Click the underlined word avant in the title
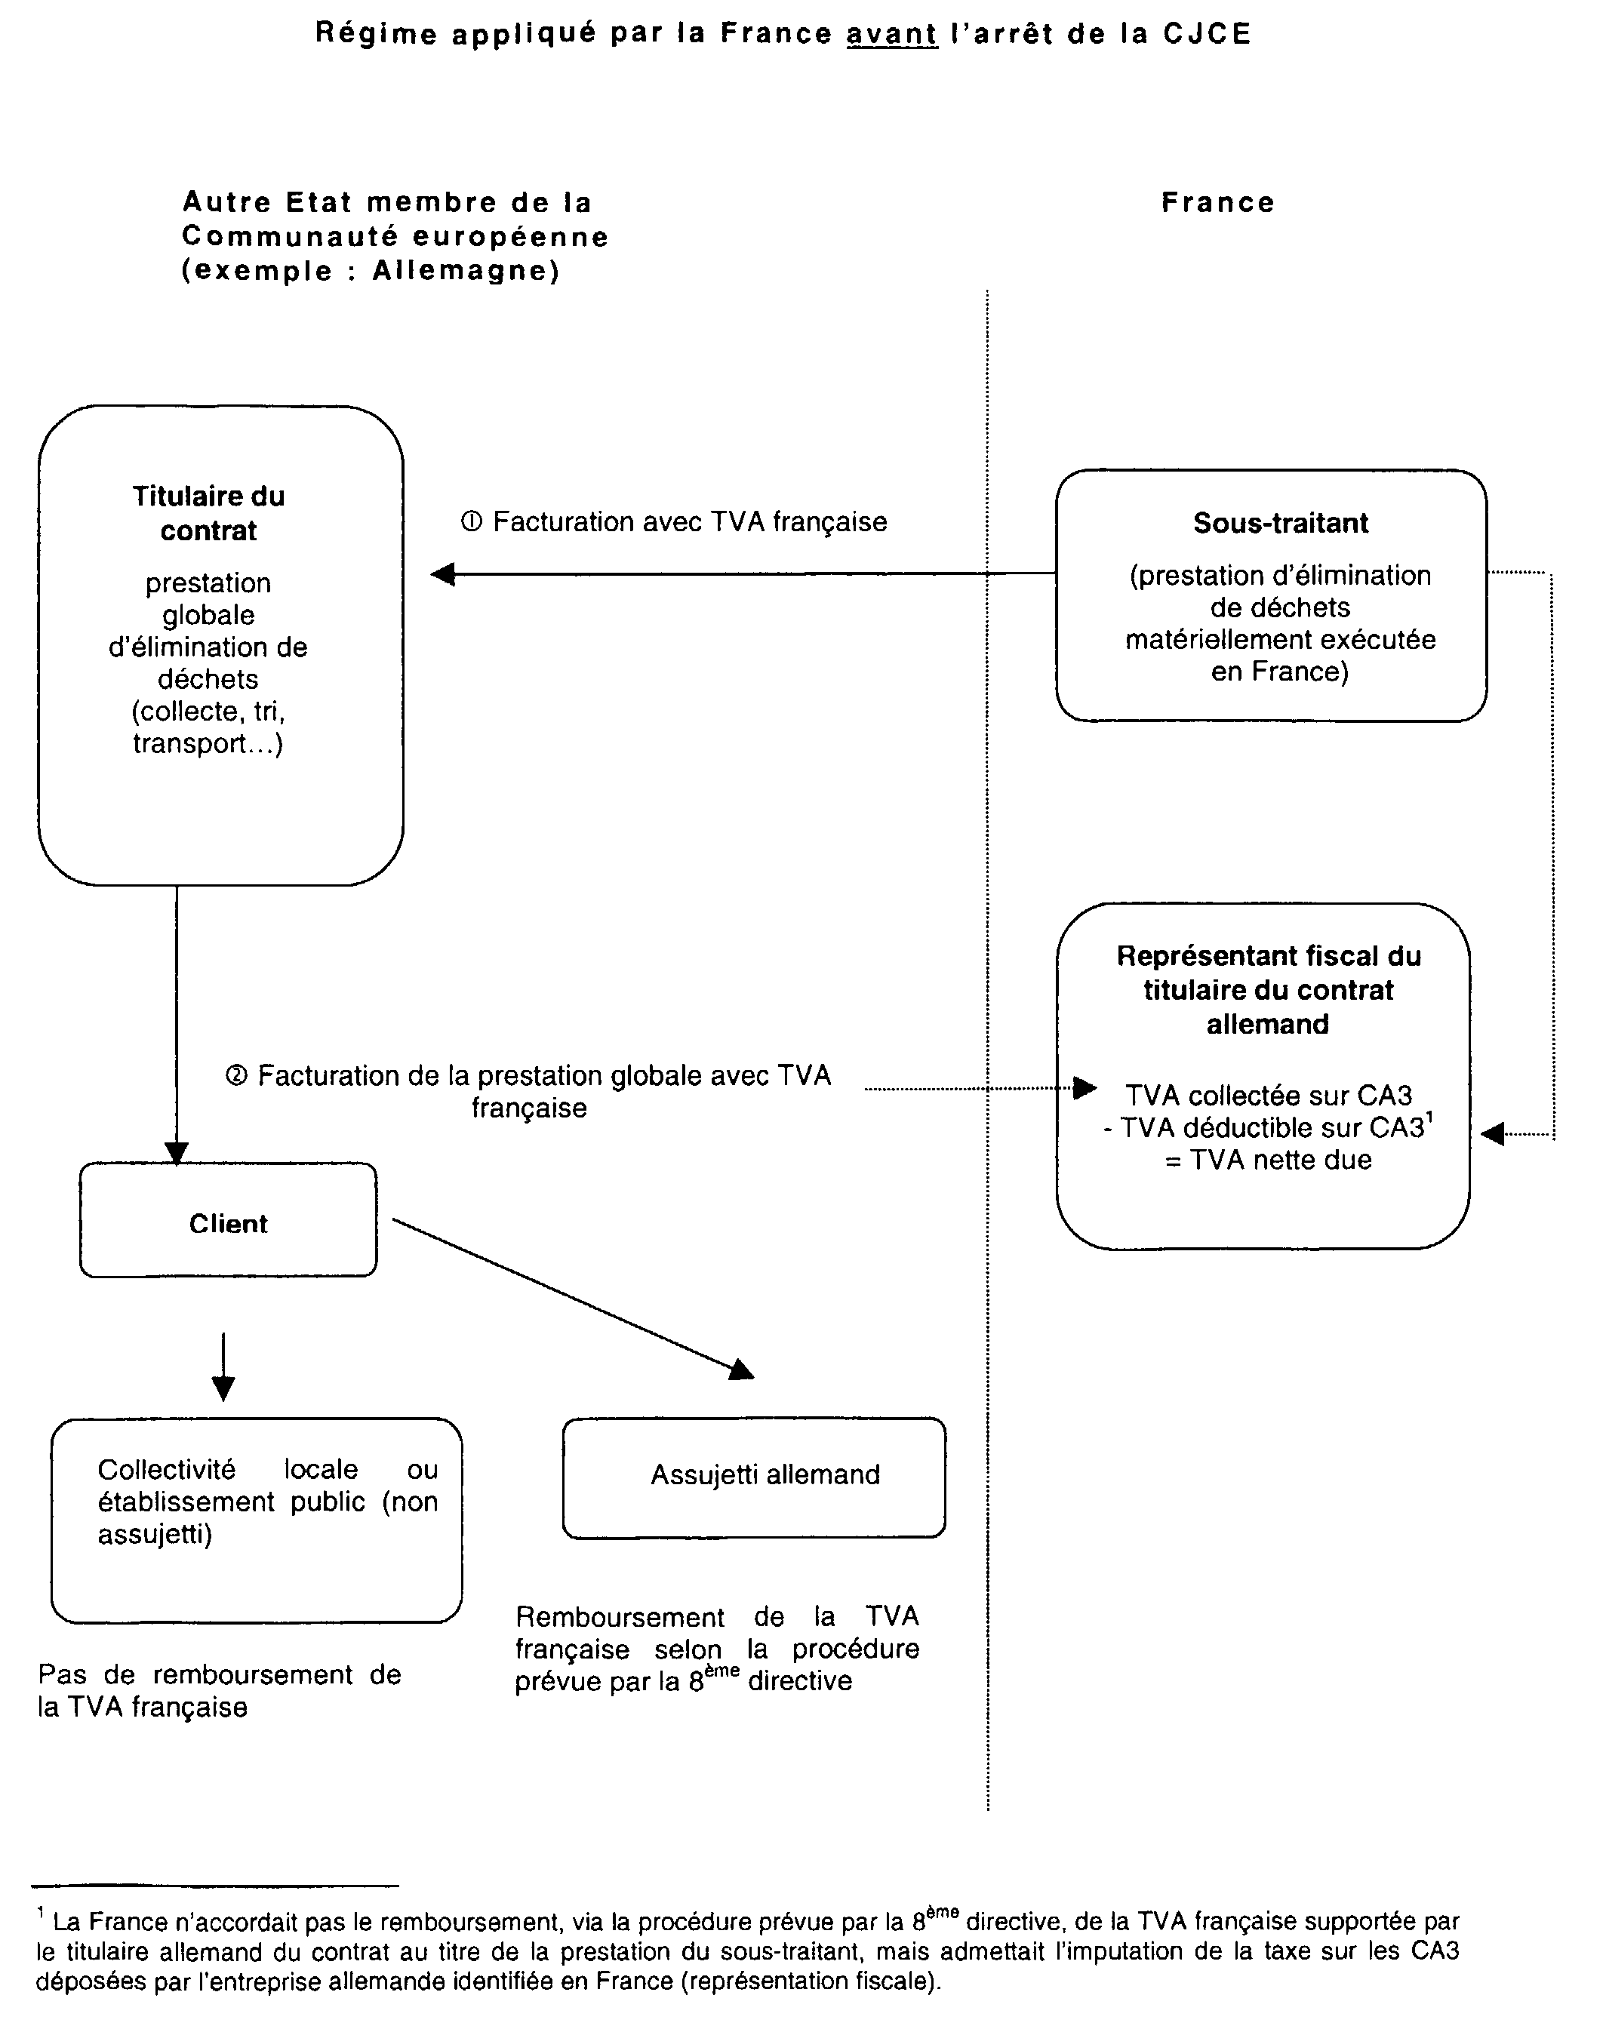(x=891, y=34)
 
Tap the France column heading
(x=1217, y=202)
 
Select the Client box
(x=229, y=1222)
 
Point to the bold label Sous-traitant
(x=1280, y=523)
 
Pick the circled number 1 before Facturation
(x=471, y=522)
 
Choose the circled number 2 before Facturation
(x=236, y=1075)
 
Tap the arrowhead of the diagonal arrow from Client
(x=742, y=1370)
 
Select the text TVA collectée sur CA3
(x=1269, y=1096)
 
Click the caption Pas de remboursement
(x=219, y=1674)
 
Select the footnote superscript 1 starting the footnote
(x=41, y=1911)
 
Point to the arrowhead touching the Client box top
(x=177, y=1153)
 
